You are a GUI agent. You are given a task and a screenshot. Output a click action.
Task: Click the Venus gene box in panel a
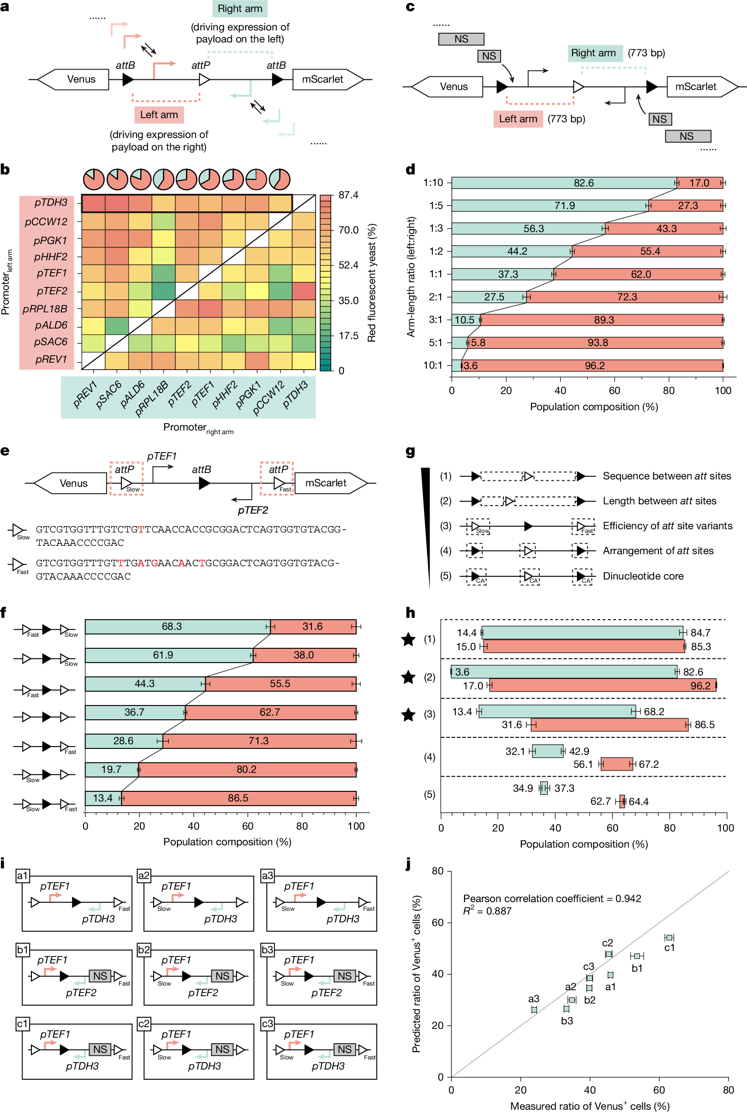tap(81, 79)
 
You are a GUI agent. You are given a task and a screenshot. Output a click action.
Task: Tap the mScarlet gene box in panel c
tap(695, 87)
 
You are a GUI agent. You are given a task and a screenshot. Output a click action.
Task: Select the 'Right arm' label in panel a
tap(239, 9)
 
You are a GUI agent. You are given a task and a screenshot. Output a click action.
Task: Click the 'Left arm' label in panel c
tap(518, 119)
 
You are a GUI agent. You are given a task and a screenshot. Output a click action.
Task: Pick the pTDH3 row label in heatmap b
tap(50, 203)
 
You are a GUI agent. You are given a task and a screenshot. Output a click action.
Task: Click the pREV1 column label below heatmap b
tap(85, 395)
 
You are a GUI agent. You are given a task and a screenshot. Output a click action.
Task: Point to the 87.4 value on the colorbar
tap(348, 195)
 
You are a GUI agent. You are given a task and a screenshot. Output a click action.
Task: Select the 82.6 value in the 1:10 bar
tap(584, 183)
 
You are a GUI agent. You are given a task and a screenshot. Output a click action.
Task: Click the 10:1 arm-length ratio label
tap(433, 365)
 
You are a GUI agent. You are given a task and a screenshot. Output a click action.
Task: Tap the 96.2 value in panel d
tap(595, 365)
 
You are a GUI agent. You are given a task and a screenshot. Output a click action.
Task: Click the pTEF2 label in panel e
tap(252, 510)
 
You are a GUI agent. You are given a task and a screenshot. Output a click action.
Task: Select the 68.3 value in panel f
tap(172, 627)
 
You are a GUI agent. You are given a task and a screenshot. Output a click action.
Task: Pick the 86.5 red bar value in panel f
tap(238, 798)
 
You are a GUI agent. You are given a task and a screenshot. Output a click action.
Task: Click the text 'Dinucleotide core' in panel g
tap(643, 576)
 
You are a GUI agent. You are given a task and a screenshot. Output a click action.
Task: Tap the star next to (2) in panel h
tap(408, 677)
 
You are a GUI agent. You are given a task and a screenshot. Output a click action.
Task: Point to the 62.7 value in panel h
tap(600, 801)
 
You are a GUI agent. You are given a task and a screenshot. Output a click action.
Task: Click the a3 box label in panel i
tap(267, 875)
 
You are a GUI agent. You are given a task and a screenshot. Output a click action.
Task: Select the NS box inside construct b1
tap(100, 976)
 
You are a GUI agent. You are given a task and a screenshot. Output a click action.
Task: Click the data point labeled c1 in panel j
tap(669, 938)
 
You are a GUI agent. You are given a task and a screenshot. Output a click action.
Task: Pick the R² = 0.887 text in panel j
tap(487, 911)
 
